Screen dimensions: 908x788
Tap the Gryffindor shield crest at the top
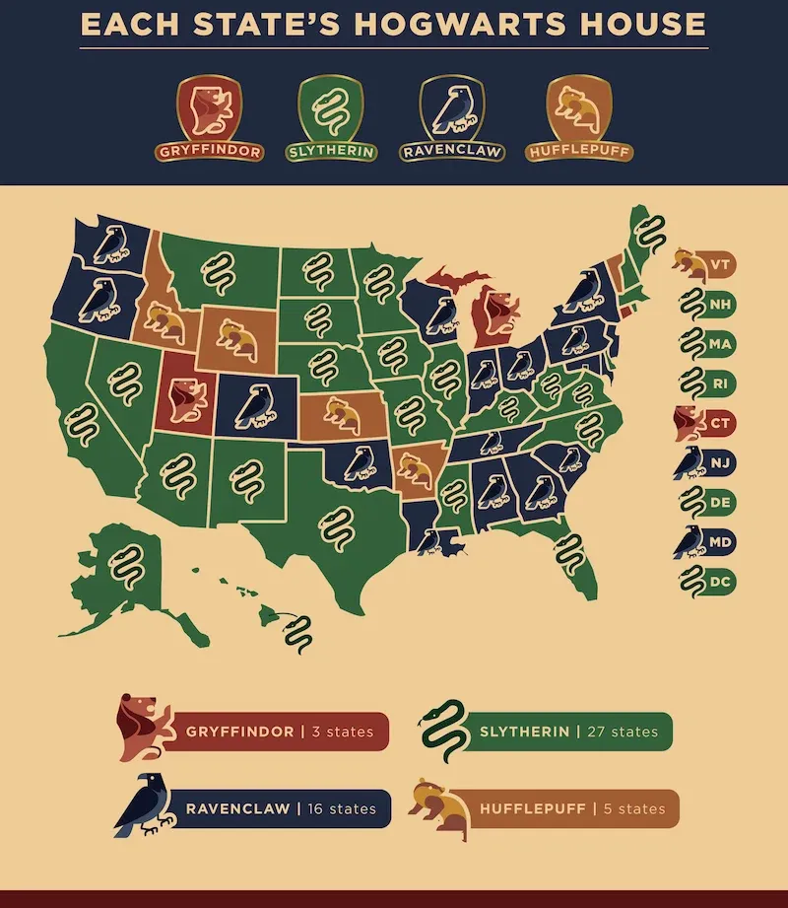click(208, 110)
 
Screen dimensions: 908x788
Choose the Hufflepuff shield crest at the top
click(577, 110)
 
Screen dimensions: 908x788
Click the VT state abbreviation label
click(721, 265)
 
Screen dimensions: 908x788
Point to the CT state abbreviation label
click(721, 423)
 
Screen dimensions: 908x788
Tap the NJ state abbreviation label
click(721, 462)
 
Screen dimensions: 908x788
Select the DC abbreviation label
click(721, 582)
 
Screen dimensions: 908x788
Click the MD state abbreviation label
click(721, 542)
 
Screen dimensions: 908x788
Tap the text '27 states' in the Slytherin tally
click(620, 732)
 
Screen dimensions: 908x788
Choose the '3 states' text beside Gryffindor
click(342, 732)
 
